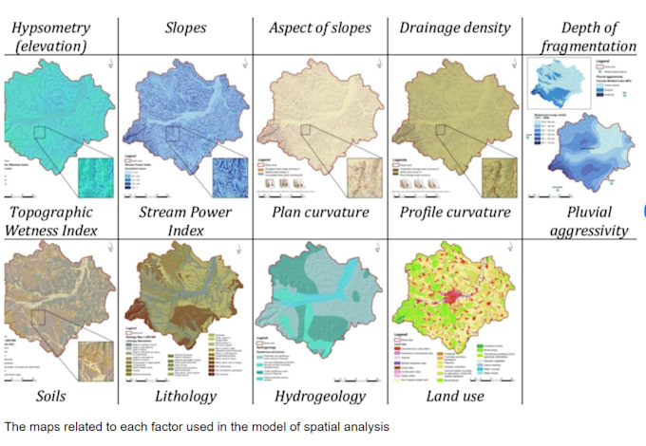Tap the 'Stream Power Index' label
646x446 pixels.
[x=186, y=220]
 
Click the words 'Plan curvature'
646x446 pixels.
[x=320, y=212]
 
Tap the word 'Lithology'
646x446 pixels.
[x=182, y=396]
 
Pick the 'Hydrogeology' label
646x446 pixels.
[x=321, y=396]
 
